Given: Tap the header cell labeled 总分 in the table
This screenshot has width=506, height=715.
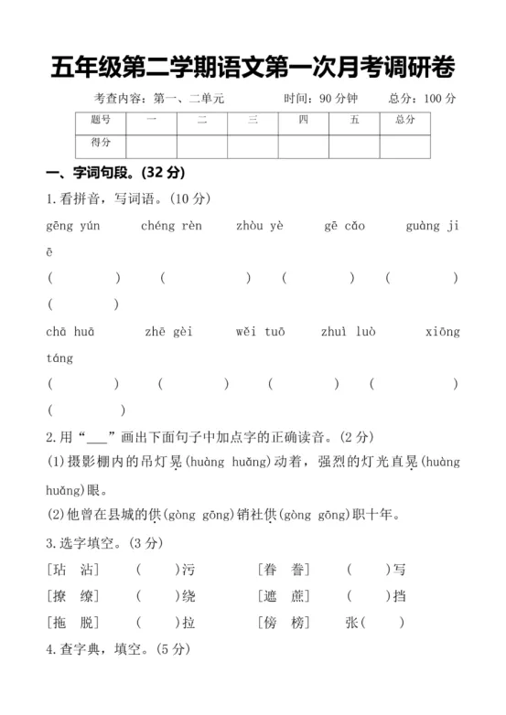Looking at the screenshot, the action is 404,120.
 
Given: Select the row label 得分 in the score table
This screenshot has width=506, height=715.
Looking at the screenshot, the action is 101,143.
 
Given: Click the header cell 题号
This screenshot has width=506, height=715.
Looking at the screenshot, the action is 101,120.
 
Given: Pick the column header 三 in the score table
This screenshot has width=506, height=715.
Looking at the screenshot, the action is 253,120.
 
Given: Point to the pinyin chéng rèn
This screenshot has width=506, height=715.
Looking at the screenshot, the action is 172,226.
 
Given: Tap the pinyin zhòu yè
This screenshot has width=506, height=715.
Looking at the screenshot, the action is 260,226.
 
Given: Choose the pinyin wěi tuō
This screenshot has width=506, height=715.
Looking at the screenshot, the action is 261,333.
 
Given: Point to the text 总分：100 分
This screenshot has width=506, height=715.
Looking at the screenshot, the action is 422,99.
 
